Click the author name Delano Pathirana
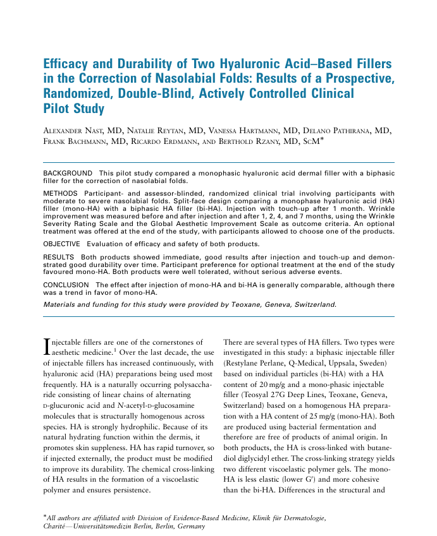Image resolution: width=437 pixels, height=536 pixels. [343, 130]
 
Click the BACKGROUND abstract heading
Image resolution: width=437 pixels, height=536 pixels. [67, 172]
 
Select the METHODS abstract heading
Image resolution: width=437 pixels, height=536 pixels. [61, 193]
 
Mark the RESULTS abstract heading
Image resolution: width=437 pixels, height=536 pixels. [59, 258]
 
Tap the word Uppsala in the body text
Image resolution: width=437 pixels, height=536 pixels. [342, 364]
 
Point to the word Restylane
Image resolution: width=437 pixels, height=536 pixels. [245, 364]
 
